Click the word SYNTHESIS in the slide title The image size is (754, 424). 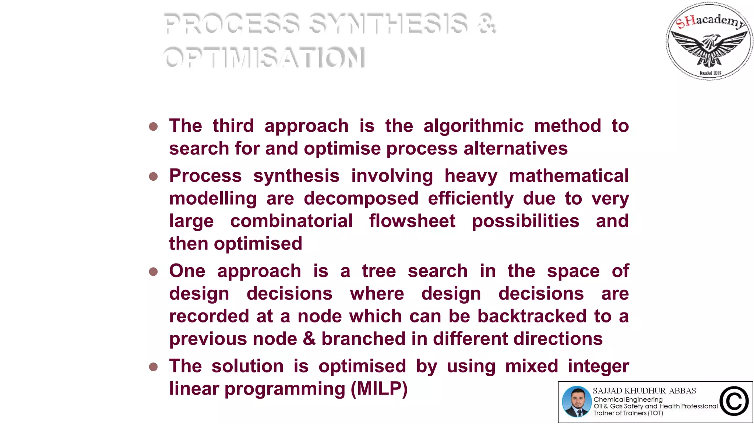click(388, 24)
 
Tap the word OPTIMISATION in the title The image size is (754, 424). click(264, 57)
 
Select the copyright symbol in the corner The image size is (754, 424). click(734, 402)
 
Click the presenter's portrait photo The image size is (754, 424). click(577, 402)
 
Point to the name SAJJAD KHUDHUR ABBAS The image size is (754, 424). click(644, 391)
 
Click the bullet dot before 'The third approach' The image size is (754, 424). click(154, 127)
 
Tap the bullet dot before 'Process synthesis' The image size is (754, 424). click(154, 177)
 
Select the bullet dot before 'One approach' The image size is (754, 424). click(154, 272)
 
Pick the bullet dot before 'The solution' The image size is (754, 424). click(154, 367)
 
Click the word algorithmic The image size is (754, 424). click(473, 126)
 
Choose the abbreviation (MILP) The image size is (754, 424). click(379, 389)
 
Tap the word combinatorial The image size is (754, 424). click(291, 221)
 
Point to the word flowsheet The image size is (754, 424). click(412, 221)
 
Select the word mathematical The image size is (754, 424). click(569, 176)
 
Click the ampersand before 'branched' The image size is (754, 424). click(309, 339)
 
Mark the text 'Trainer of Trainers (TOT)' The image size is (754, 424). click(628, 413)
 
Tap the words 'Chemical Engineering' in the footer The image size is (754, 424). click(628, 399)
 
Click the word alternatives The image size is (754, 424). click(515, 148)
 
